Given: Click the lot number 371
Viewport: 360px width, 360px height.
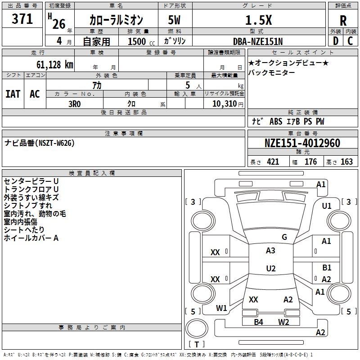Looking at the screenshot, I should click(x=22, y=19).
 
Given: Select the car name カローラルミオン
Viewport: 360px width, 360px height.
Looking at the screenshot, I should click(x=116, y=20).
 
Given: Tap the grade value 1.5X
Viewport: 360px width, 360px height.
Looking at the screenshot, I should click(x=258, y=20).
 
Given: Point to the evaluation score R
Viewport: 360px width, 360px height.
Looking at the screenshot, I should click(x=343, y=20).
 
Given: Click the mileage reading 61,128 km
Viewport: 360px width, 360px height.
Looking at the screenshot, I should click(x=50, y=64).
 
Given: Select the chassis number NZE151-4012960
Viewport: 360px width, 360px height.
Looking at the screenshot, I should click(x=302, y=143).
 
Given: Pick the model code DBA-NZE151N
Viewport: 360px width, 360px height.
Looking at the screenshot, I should click(x=258, y=41).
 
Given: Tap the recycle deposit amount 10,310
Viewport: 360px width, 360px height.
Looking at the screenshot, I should click(x=221, y=103).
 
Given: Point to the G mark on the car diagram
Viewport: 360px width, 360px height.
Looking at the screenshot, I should click(x=284, y=237).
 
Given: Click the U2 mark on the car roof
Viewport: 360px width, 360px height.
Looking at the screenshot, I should click(x=271, y=269).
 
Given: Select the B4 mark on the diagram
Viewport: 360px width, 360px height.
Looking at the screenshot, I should click(x=258, y=322).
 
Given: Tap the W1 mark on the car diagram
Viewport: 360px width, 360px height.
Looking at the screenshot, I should click(x=221, y=308).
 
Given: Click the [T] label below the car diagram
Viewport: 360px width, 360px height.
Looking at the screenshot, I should click(x=196, y=344).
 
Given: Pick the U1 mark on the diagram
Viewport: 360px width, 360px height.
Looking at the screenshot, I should click(x=327, y=206).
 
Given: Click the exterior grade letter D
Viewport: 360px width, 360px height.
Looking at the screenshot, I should click(x=336, y=41).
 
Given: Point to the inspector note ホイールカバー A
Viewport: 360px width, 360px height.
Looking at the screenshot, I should click(x=31, y=238).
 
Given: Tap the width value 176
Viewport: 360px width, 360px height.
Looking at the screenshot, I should click(x=310, y=162).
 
